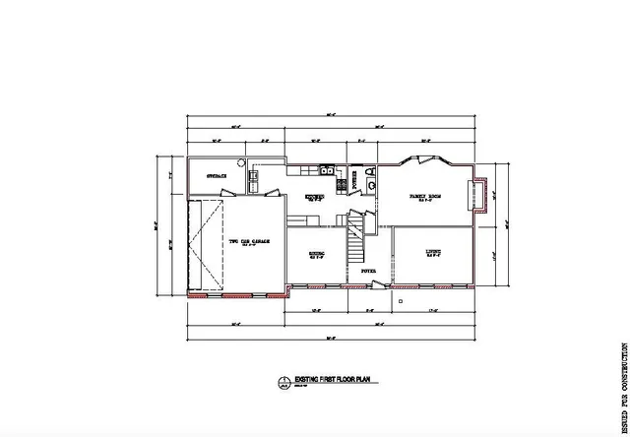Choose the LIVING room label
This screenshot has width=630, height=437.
pos(432,252)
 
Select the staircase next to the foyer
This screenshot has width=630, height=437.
pos(353,240)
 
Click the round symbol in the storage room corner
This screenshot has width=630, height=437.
pos(251,175)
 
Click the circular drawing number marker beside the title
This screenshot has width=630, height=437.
pos(283,380)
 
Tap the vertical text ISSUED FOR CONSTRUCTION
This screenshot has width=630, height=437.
pos(622,385)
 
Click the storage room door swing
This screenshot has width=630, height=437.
pos(255,187)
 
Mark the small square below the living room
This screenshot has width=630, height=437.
pos(402,299)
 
